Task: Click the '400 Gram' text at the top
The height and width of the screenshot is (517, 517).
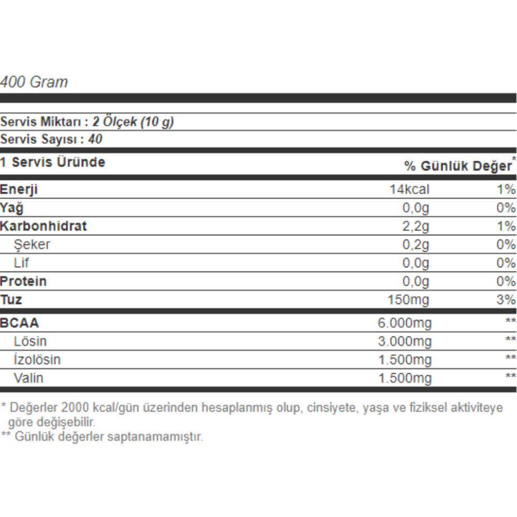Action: pos(34,82)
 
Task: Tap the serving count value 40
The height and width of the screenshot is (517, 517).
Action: pos(96,139)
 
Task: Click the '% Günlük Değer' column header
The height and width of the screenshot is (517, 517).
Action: pos(458,166)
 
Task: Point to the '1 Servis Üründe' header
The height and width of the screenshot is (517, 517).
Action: pos(53,162)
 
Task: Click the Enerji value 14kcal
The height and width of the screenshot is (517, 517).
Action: pos(409,189)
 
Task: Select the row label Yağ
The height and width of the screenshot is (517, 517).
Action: pos(11,208)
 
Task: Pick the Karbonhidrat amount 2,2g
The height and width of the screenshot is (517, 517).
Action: pos(416,226)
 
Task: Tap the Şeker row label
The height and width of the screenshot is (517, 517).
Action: pos(32,245)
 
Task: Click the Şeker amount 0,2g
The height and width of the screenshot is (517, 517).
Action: pos(416,245)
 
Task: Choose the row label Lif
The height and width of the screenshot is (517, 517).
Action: pos(21,263)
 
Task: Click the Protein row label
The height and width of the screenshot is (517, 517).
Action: pos(23,281)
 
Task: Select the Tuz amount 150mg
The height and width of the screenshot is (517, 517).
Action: pos(408,300)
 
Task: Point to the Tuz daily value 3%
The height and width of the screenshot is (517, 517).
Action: pos(506,300)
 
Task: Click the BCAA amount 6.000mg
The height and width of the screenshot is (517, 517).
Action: pos(405,324)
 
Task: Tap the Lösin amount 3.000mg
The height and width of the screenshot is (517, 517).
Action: pos(405,341)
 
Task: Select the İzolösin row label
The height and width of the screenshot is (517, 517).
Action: pos(37,359)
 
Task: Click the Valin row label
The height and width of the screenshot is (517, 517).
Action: pos(28,378)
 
